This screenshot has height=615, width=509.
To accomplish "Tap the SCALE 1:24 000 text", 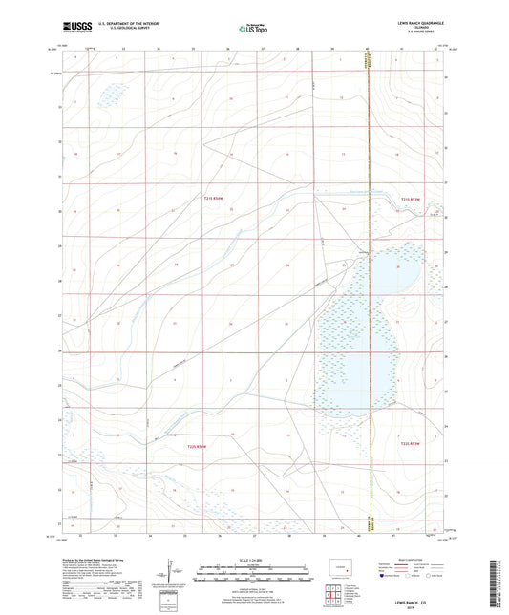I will [253, 560].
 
